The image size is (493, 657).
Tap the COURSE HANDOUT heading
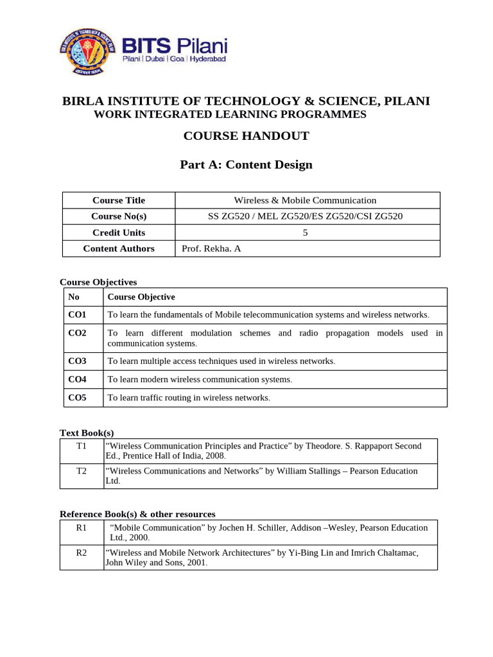tap(246, 136)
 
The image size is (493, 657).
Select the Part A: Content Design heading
tap(246, 165)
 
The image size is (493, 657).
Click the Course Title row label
tap(119, 201)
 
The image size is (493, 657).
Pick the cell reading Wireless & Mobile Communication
tap(305, 201)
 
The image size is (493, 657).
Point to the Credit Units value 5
tap(306, 233)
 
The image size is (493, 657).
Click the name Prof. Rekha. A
tap(211, 249)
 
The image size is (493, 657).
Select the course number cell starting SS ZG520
tap(305, 217)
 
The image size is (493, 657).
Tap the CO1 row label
tap(77, 315)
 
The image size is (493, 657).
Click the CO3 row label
tap(77, 361)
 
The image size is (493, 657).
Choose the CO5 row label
tap(77, 398)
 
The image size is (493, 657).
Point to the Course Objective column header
tap(141, 297)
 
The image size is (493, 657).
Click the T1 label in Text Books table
tap(82, 446)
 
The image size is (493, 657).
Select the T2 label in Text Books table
tap(82, 471)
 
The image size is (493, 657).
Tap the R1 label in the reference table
tap(82, 527)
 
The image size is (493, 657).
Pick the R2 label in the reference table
tap(82, 552)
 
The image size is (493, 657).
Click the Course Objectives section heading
tap(98, 282)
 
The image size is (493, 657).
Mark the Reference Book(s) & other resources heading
tap(137, 515)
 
